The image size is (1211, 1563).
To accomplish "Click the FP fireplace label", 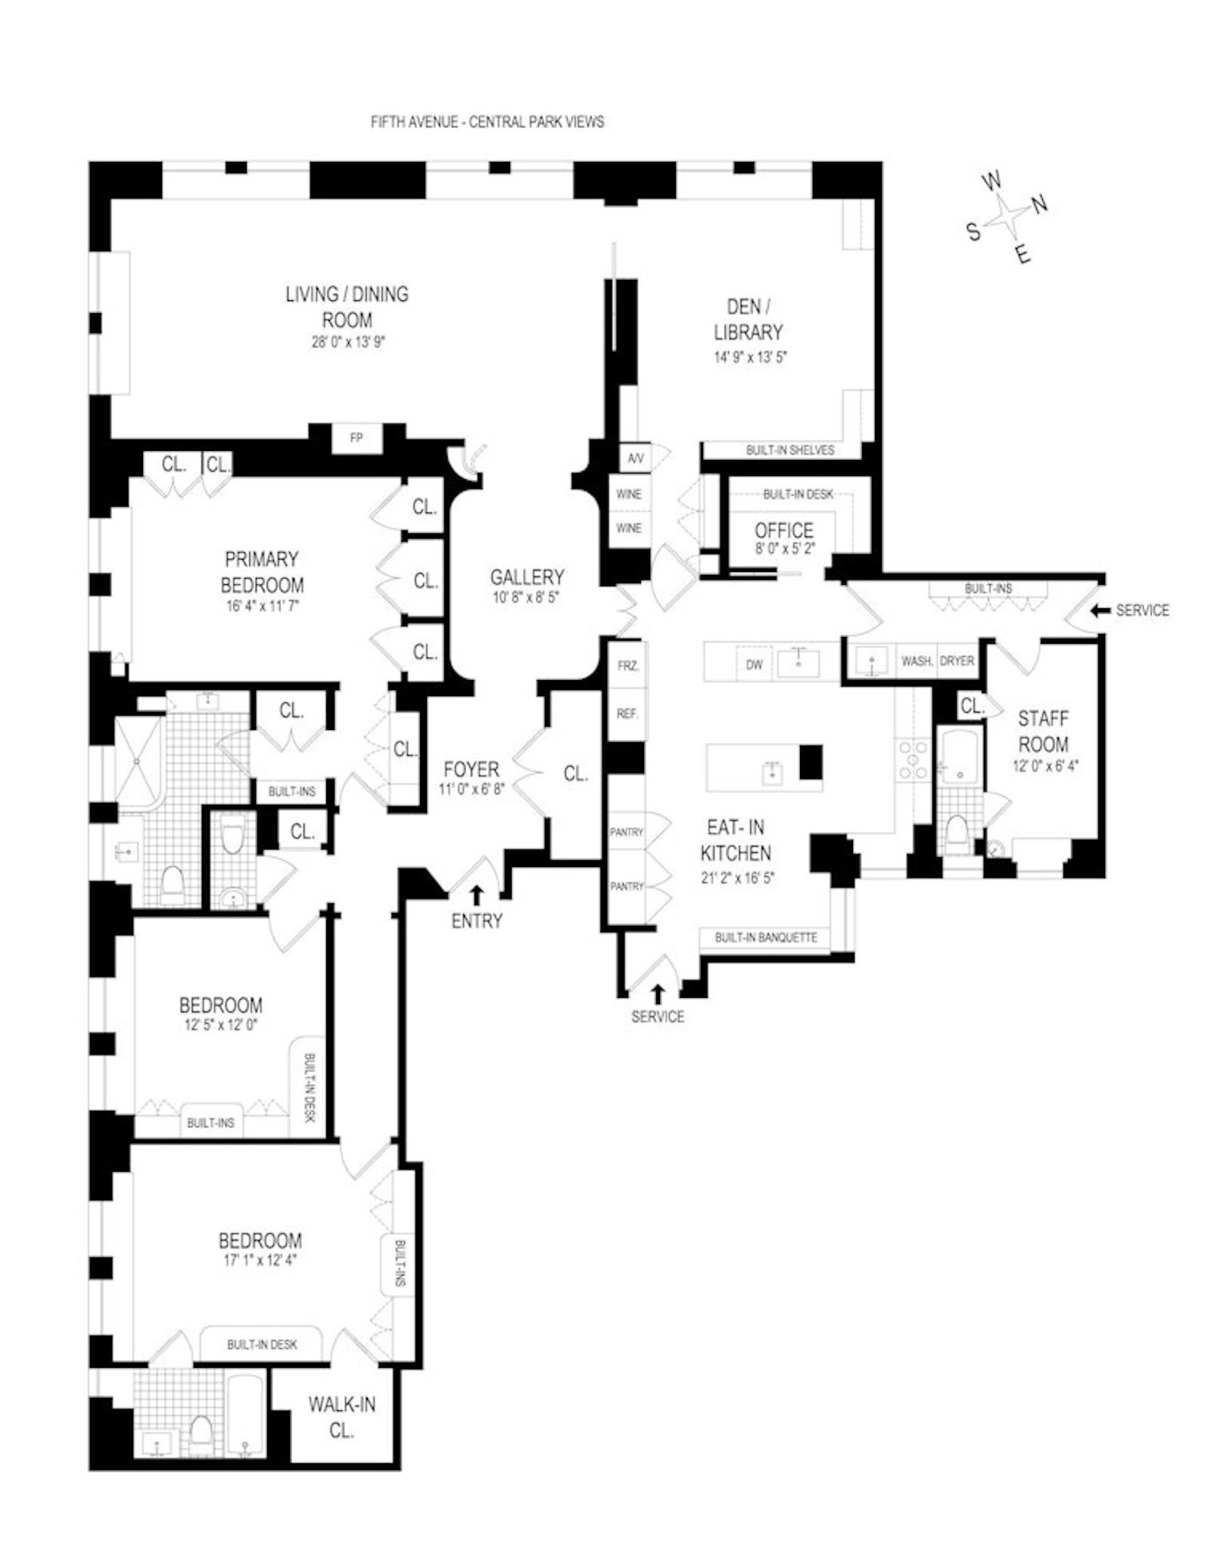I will click(356, 438).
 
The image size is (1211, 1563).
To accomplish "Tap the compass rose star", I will click(1007, 216).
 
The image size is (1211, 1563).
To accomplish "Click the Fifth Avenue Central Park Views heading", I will click(487, 122).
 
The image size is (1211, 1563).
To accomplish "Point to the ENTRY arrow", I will click(476, 895).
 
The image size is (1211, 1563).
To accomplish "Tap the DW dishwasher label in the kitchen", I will click(754, 665).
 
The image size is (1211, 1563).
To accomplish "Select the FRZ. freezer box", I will click(628, 666).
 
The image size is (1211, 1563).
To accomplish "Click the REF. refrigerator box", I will click(627, 713).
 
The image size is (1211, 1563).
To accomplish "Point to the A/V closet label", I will click(634, 458).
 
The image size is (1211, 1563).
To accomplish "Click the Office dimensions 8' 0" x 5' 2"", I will click(784, 548).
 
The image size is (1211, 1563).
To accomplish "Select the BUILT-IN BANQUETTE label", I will click(766, 937).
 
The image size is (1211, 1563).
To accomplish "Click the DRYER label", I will click(957, 661).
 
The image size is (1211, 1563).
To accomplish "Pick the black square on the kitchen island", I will click(811, 762).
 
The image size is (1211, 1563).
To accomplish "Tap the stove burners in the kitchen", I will click(912, 760).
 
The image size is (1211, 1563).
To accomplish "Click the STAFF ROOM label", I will click(1043, 731).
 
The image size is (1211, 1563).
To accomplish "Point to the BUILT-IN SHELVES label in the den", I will click(789, 450).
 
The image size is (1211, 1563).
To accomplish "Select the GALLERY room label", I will click(527, 577).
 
